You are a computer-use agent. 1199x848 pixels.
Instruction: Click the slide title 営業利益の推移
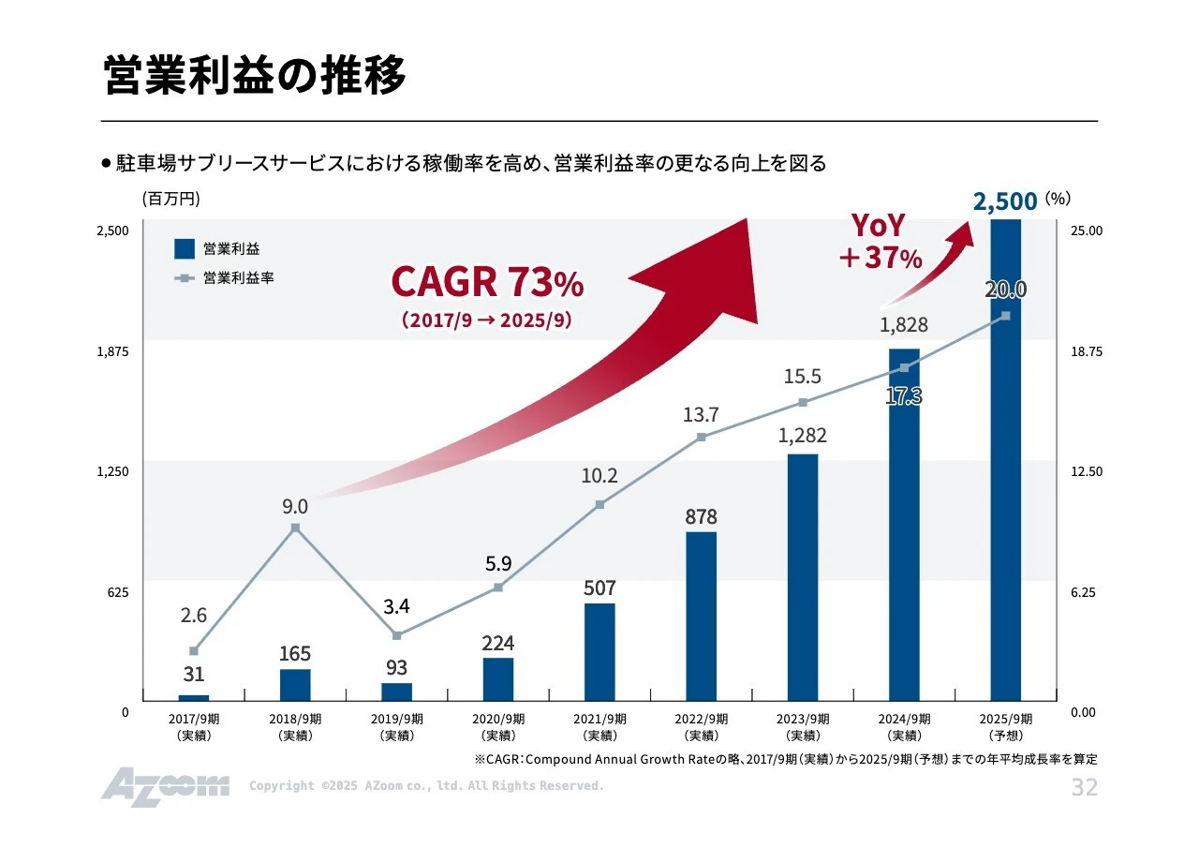(254, 76)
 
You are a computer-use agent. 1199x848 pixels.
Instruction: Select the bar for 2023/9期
(802, 577)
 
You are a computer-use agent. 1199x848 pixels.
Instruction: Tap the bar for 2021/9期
(599, 651)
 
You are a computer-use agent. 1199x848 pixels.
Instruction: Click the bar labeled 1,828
(904, 525)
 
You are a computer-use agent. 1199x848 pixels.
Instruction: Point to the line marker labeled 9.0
(295, 528)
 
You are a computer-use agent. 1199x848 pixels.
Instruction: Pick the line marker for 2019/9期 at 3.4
(396, 635)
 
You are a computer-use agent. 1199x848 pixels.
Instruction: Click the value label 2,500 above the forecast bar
(1004, 201)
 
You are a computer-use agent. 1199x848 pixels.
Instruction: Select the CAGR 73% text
(486, 281)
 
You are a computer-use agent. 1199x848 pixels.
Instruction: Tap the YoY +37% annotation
(880, 242)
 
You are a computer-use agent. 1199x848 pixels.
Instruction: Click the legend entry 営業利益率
(238, 278)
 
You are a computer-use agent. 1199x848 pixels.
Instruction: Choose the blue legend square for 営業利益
(185, 248)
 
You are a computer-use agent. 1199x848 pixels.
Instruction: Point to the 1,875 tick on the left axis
(112, 351)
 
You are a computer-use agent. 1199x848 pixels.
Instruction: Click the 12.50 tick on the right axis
(1087, 471)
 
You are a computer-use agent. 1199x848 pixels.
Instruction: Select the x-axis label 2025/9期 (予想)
(1005, 727)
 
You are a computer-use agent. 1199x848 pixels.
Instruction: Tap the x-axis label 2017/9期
(194, 727)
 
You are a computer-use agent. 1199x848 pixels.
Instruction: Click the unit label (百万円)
(171, 199)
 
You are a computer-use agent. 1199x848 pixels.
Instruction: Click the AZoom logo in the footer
(165, 786)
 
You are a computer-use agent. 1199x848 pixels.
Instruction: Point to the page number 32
(1084, 787)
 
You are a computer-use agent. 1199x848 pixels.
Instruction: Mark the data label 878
(701, 516)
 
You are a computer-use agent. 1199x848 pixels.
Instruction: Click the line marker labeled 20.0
(1005, 316)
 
